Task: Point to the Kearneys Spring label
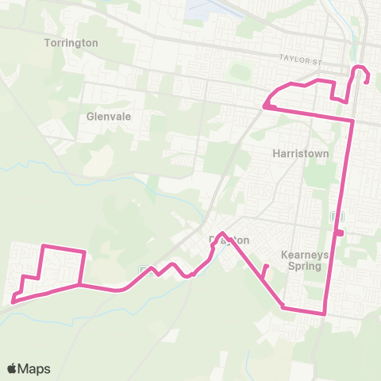tap(302, 261)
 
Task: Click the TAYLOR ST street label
tap(298, 58)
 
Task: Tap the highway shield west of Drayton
tap(144, 270)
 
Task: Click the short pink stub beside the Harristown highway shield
tap(341, 233)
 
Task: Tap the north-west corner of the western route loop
tap(42, 246)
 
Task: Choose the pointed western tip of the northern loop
tap(266, 104)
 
